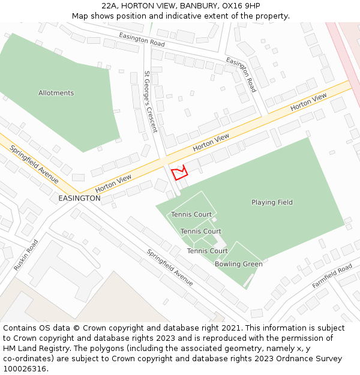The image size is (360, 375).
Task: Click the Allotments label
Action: coord(56,93)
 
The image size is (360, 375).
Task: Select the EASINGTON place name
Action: coord(79,198)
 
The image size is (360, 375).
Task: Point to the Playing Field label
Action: coord(272,202)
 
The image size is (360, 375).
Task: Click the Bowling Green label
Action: coord(238,264)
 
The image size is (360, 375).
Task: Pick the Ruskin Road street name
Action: coord(26,254)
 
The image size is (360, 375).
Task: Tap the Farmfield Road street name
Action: coord(332,277)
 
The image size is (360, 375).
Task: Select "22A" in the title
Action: coord(110,5)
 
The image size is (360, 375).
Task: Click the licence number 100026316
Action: coord(25,369)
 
